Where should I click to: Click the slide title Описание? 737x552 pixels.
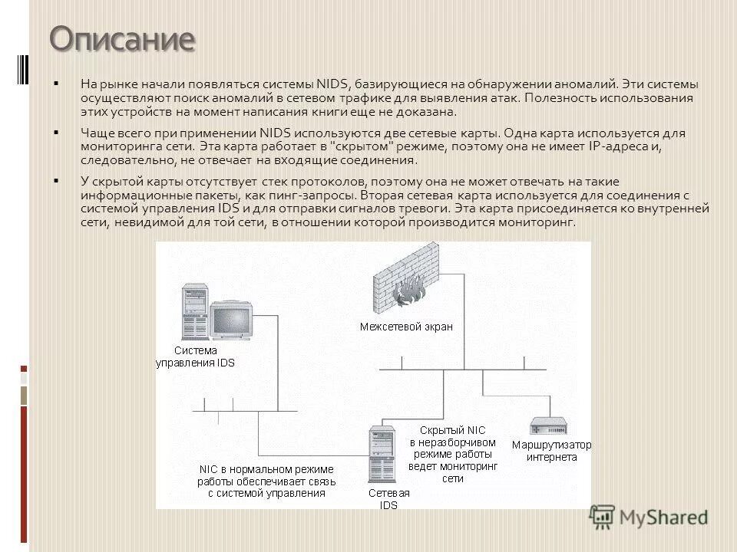point(123,38)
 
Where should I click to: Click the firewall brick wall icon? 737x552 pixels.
point(405,280)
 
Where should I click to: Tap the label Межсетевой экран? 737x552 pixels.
point(406,327)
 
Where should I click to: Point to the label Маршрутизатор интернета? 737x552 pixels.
point(551,451)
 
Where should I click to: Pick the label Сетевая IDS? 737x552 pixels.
point(388,498)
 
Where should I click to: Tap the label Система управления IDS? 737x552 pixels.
point(195,356)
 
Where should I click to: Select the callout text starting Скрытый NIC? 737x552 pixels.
point(452,454)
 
